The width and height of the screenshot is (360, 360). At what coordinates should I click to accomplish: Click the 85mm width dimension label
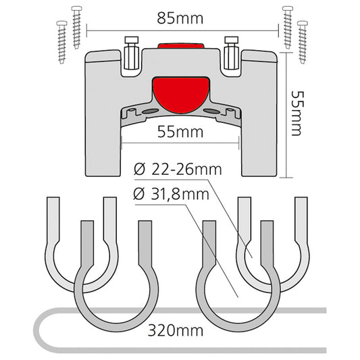point(180,18)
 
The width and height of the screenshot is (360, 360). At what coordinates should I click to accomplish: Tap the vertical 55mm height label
point(297,113)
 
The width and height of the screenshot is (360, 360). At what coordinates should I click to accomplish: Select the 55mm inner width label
point(180,132)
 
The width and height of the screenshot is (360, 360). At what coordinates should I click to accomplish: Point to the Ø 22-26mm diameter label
point(178,170)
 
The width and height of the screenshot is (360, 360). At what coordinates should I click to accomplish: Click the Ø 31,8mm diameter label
point(172,195)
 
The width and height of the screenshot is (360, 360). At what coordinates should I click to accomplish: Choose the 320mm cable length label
point(176,331)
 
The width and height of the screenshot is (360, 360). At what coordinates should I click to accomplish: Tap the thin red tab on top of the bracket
point(181,45)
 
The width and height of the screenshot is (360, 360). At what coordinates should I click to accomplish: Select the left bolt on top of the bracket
point(132,53)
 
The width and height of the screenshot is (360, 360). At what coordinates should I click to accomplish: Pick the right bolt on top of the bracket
point(232,53)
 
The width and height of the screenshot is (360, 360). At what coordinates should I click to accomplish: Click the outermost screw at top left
point(61,43)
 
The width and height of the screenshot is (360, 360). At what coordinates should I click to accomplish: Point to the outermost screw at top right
point(303,43)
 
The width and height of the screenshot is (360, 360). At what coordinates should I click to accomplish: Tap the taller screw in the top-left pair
point(77,28)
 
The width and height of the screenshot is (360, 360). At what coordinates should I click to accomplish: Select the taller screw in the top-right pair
point(288,28)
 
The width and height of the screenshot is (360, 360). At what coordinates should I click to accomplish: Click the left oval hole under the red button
point(150,111)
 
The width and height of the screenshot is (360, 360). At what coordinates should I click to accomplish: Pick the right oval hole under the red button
point(211,111)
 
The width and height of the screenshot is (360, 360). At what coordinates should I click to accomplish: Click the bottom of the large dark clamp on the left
point(116,328)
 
